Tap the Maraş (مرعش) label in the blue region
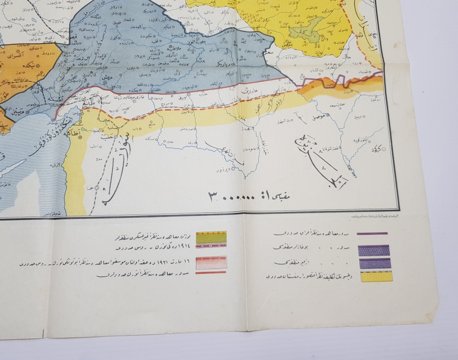107,76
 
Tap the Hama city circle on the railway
97,187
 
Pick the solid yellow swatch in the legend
377,277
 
